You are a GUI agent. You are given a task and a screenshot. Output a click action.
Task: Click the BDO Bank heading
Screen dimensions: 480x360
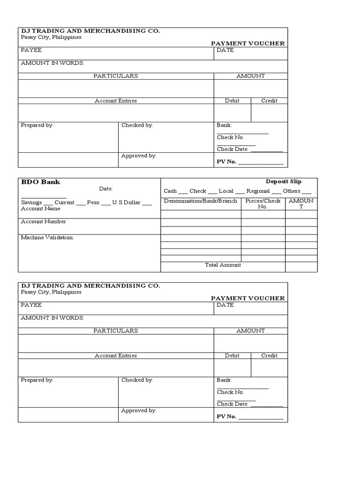[x=41, y=182]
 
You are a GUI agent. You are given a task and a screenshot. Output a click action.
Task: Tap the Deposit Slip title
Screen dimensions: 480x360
[x=284, y=181]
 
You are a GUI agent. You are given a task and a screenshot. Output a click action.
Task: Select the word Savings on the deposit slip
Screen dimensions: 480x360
[x=31, y=202]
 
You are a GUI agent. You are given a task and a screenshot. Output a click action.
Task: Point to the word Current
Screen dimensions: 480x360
[x=64, y=202]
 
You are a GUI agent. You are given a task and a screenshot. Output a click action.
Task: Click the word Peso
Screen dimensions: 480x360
[x=93, y=202]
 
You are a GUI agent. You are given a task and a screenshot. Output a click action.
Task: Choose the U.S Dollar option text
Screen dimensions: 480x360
[x=126, y=202]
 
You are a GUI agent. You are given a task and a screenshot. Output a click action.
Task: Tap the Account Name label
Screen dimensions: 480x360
[x=41, y=209]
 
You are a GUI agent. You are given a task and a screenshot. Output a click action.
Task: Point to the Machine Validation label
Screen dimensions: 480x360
[x=47, y=238]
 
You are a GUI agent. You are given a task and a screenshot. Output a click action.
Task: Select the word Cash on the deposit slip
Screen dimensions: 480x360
[x=170, y=191]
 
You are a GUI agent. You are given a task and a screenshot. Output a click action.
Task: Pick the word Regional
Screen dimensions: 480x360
[x=258, y=191]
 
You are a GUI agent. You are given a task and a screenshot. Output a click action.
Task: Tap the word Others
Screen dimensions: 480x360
[x=292, y=191]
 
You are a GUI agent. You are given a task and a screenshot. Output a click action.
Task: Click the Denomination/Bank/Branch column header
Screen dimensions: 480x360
[x=200, y=201]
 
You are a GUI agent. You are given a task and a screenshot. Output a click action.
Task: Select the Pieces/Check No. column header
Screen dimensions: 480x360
[x=263, y=203]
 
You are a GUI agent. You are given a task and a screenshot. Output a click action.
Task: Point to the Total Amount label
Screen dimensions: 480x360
[x=223, y=265]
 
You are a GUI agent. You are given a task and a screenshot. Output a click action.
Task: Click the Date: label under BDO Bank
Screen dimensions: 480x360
[x=106, y=188]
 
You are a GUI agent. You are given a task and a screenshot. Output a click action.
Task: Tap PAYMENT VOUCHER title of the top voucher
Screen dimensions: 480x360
[x=247, y=44]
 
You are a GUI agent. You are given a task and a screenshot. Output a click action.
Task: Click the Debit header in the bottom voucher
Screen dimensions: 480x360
[x=232, y=355]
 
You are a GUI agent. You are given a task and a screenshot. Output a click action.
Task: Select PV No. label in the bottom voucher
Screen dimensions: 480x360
[x=226, y=416]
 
